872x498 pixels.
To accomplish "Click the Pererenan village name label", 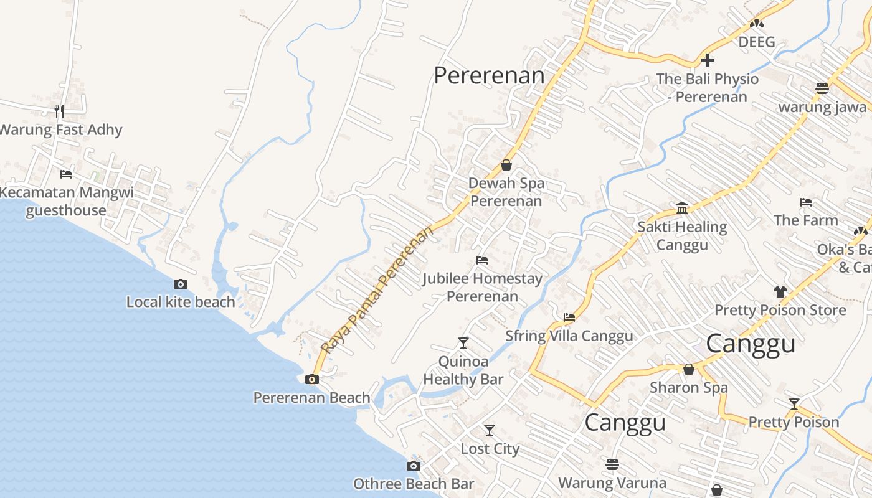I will pyautogui.click(x=489, y=76).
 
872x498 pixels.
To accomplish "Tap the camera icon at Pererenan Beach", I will pyautogui.click(x=312, y=379).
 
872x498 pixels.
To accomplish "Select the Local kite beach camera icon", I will pyautogui.click(x=181, y=284).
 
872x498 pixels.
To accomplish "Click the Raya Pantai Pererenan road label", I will pyautogui.click(x=377, y=291).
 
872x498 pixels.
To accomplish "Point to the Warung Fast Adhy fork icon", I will pyautogui.click(x=59, y=111).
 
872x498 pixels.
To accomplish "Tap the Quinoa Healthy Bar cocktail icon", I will pyautogui.click(x=463, y=342).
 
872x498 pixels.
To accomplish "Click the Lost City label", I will pyautogui.click(x=490, y=448).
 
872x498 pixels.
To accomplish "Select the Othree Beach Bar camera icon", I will pyautogui.click(x=413, y=466).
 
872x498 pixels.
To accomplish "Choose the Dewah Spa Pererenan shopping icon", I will pyautogui.click(x=506, y=165).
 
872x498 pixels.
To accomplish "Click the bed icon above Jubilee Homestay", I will pyautogui.click(x=481, y=260).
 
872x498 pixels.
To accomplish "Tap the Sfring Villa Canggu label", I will pyautogui.click(x=569, y=336).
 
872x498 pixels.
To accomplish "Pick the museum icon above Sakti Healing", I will pyautogui.click(x=682, y=208).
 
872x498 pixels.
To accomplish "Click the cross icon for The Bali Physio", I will pyautogui.click(x=708, y=61).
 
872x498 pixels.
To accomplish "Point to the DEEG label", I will pyautogui.click(x=757, y=42).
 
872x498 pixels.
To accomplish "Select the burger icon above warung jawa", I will pyautogui.click(x=822, y=88).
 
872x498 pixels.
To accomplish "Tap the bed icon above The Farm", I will pyautogui.click(x=806, y=202).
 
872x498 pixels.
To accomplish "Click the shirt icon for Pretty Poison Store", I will pyautogui.click(x=780, y=291).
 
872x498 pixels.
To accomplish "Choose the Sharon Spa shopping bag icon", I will pyautogui.click(x=689, y=369).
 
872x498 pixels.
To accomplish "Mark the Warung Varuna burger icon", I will pyautogui.click(x=612, y=464).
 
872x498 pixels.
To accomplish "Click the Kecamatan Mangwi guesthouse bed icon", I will pyautogui.click(x=66, y=174).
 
